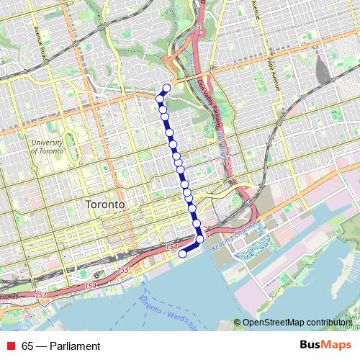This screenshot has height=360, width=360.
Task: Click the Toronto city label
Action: [105, 204]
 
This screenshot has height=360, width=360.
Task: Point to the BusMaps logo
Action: [325, 346]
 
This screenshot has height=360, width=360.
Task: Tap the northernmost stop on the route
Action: [167, 89]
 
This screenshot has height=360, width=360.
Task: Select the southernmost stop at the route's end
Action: [182, 253]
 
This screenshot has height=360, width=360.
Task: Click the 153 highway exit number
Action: [40, 296]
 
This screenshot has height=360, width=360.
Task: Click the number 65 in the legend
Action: [28, 346]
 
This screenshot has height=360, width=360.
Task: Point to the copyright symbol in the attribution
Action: [238, 323]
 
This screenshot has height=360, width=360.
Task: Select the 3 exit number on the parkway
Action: [197, 27]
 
